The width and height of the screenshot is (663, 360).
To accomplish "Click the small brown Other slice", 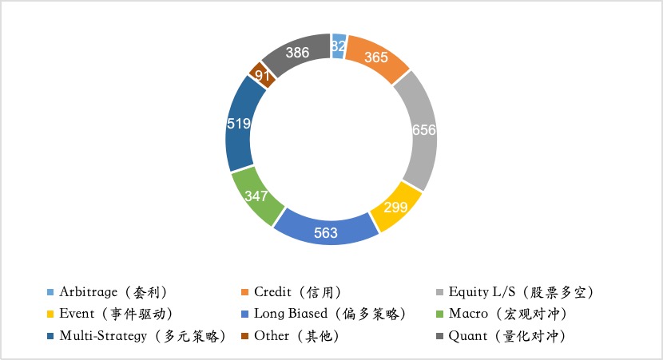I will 260,76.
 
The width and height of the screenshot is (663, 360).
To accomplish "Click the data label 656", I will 423,130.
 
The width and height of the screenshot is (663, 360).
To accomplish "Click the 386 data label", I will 297,53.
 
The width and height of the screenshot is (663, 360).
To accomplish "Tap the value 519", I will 239,124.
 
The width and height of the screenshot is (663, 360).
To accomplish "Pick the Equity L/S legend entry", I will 520,291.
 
